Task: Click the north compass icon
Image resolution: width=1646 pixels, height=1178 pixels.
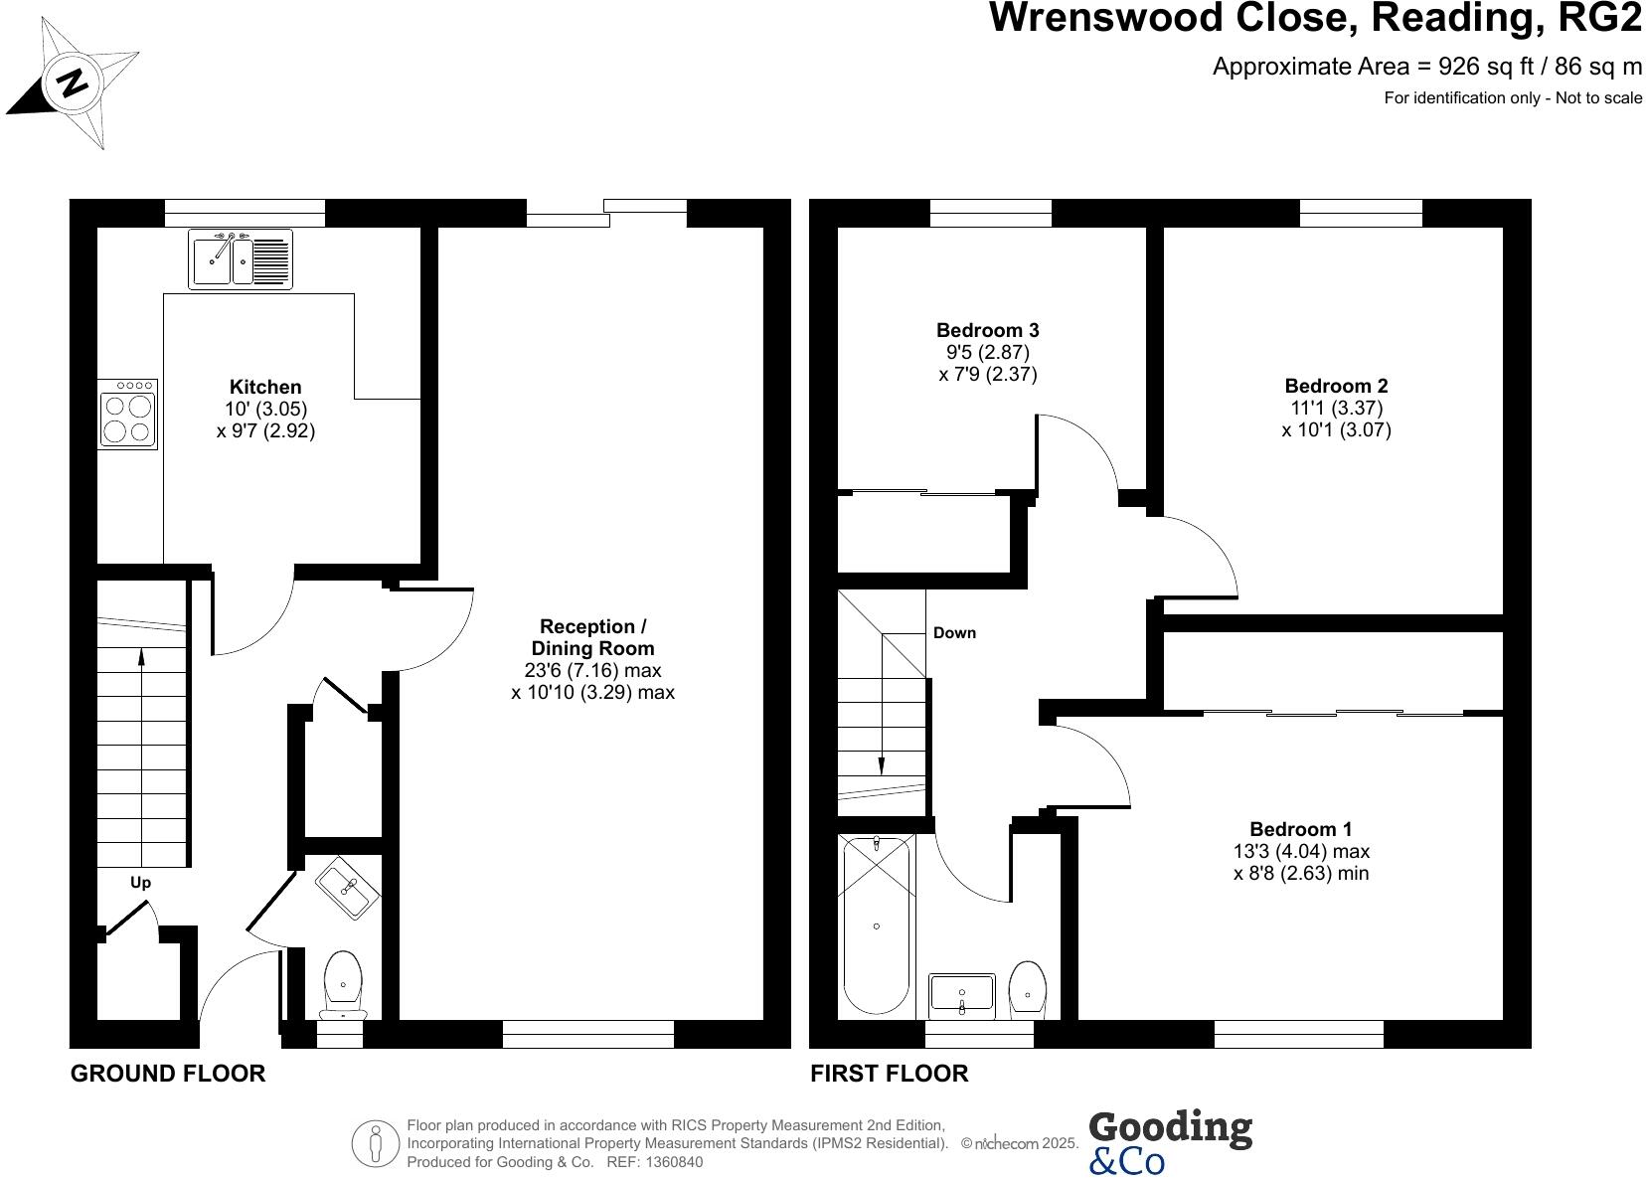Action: click(x=73, y=81)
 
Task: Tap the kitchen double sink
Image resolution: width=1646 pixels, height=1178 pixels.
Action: click(x=241, y=258)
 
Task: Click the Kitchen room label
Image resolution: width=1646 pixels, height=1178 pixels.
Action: click(x=265, y=387)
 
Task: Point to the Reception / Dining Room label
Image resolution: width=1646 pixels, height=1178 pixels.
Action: click(x=592, y=637)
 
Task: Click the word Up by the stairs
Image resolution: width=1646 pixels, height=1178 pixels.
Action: click(x=141, y=883)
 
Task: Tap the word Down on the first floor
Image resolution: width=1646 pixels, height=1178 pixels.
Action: click(x=954, y=632)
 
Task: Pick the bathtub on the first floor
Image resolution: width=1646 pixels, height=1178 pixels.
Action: click(x=876, y=925)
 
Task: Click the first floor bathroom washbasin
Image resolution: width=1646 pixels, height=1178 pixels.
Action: click(x=961, y=994)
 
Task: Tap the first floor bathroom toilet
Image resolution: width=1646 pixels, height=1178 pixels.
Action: click(x=1027, y=988)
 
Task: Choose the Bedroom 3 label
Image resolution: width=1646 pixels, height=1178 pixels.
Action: click(x=987, y=330)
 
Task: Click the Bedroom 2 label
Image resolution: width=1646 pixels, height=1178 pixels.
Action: click(x=1336, y=386)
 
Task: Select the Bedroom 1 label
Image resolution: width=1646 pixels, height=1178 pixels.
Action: click(x=1300, y=829)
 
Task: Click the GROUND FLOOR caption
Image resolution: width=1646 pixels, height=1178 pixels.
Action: click(x=168, y=1074)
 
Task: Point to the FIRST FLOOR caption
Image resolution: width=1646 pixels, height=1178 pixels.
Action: click(x=889, y=1074)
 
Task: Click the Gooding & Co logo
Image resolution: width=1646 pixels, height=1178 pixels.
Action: click(x=1170, y=1142)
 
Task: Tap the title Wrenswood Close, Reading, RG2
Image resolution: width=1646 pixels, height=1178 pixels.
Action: click(x=1315, y=18)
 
